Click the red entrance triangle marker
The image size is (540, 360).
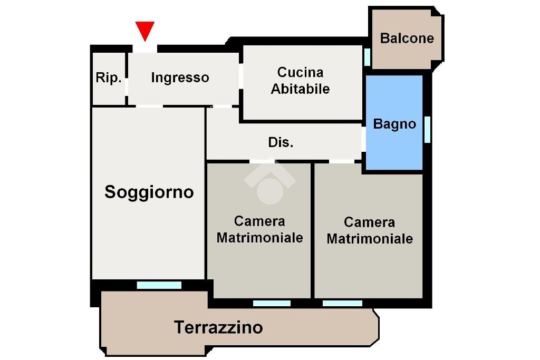click(x=144, y=30)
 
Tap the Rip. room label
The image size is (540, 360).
click(x=109, y=78)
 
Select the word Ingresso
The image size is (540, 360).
click(x=180, y=78)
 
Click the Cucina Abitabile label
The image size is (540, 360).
click(x=300, y=81)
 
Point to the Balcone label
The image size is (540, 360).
click(x=407, y=38)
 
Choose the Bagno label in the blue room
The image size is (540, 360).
click(x=394, y=124)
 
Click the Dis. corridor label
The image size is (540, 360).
click(x=281, y=142)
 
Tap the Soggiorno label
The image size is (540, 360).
click(x=149, y=192)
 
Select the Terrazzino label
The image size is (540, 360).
click(x=218, y=327)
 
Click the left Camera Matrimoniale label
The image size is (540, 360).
click(x=259, y=229)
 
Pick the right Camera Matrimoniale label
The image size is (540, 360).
click(x=369, y=230)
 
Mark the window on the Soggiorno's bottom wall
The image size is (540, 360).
click(x=159, y=285)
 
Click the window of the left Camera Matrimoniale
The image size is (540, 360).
click(x=272, y=303)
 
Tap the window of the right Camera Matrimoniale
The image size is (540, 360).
click(x=342, y=303)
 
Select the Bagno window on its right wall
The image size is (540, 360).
click(x=427, y=129)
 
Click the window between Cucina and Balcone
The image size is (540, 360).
click(x=367, y=56)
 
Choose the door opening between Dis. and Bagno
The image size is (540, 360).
click(x=363, y=139)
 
